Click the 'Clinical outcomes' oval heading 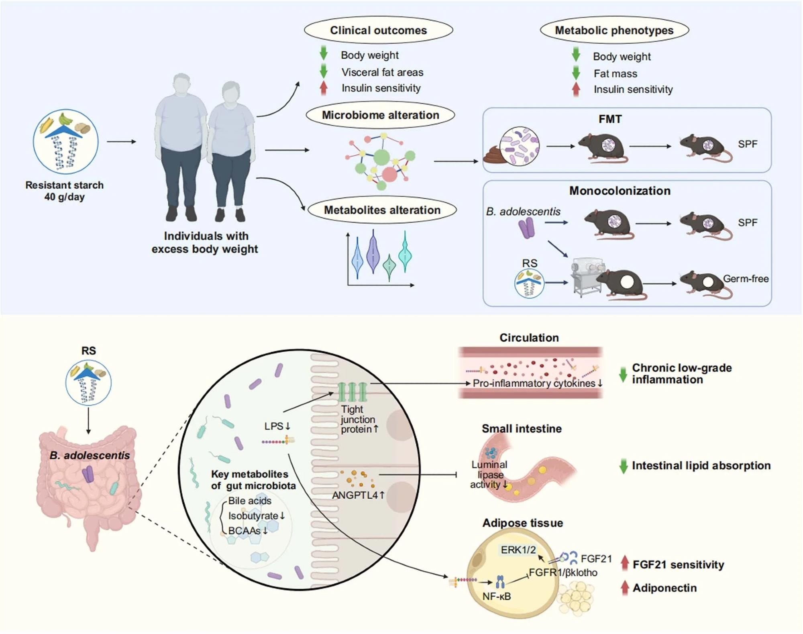[x=378, y=31]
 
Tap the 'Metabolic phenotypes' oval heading [x=614, y=31]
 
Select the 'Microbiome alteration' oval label [x=380, y=115]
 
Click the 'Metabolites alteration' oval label [x=382, y=210]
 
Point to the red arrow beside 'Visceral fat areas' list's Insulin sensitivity [x=324, y=88]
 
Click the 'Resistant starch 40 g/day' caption [x=64, y=191]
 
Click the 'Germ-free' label [x=746, y=279]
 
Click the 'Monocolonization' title [x=620, y=191]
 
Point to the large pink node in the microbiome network [x=389, y=175]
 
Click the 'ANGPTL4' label [x=355, y=495]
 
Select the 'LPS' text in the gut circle [x=274, y=426]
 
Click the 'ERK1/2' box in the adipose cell [x=518, y=550]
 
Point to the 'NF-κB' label [x=496, y=597]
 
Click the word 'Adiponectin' [x=664, y=588]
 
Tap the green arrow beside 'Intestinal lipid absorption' [x=623, y=466]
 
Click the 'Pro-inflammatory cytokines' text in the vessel [x=534, y=383]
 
